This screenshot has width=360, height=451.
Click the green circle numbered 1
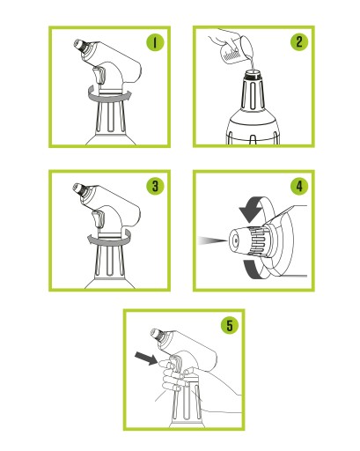tap(155, 42)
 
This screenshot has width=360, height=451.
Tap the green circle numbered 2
tap(299, 42)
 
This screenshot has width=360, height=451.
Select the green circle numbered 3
tap(155, 186)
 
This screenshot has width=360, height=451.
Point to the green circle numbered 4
tap(299, 186)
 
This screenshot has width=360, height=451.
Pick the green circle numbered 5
tap(230, 325)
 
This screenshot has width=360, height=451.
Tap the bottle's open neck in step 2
tap(252, 73)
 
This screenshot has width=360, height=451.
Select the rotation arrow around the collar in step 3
tap(109, 239)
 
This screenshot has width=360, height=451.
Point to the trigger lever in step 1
tap(99, 75)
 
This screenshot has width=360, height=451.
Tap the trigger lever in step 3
tap(99, 218)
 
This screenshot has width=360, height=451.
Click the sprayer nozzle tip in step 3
tap(78, 189)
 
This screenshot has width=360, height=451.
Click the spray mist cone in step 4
tap(212, 240)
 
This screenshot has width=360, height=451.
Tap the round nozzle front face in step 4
tap(235, 241)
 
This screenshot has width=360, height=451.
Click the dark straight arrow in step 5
tap(146, 359)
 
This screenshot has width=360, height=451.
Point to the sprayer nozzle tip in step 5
tap(156, 334)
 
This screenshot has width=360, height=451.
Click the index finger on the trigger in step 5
tap(168, 364)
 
